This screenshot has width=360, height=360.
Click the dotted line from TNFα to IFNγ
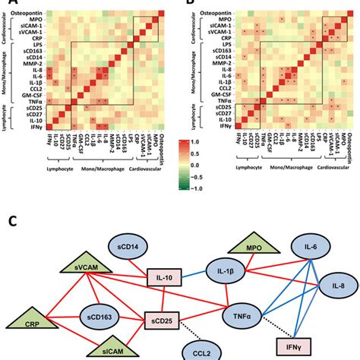point(267,329)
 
